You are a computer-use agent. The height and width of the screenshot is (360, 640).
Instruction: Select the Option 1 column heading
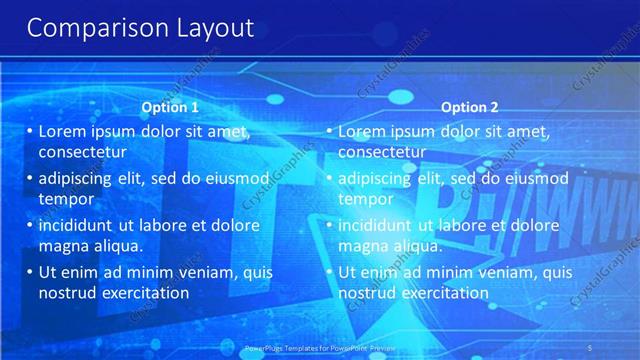coord(170,107)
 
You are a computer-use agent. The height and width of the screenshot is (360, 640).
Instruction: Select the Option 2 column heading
coord(469,107)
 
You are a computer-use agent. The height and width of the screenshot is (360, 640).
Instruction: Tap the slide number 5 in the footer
coord(620,348)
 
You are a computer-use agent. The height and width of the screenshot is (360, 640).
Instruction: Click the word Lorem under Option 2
coord(362,131)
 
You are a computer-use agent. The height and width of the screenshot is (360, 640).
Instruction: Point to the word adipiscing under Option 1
coord(80,178)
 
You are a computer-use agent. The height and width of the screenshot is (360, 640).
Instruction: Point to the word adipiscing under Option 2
coord(380,178)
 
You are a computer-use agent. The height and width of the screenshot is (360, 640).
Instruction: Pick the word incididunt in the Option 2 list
coord(380,225)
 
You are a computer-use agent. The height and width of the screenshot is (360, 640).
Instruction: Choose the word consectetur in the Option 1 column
coord(82,152)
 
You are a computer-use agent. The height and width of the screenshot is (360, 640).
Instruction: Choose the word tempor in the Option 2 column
coord(366,198)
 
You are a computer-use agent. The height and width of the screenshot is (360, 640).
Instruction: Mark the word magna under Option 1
coord(62,245)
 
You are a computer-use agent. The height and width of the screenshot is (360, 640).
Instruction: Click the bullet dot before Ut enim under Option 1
coord(29,272)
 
